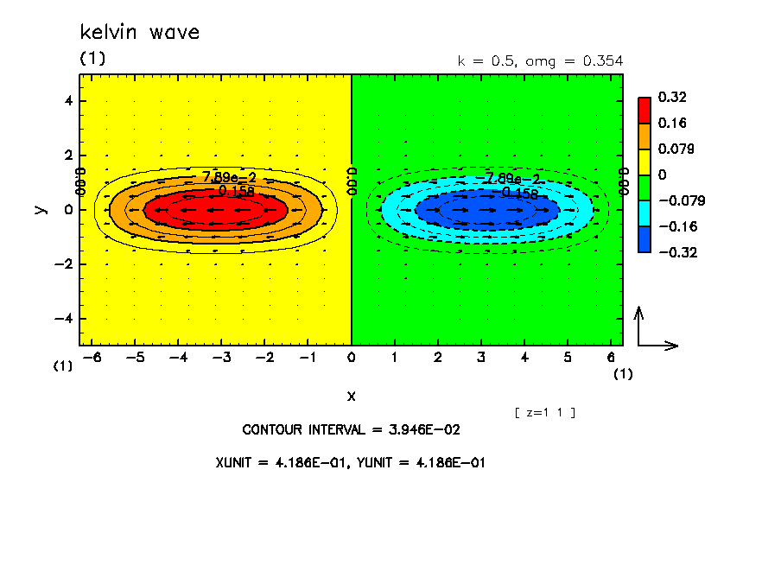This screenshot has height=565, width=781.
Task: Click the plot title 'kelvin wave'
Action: [x=139, y=33]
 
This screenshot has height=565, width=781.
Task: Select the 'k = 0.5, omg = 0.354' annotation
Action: [x=539, y=60]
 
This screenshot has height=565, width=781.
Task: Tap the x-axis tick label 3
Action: [x=481, y=356]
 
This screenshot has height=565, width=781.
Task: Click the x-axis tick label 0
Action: [x=352, y=356]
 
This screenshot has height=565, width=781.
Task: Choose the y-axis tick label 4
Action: [x=67, y=101]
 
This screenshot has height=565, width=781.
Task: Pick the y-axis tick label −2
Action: [x=64, y=264]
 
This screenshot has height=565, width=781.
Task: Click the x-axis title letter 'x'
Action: [x=351, y=396]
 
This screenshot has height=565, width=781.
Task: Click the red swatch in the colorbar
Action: [x=644, y=110]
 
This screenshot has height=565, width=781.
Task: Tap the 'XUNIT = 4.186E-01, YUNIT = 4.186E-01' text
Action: [x=350, y=462]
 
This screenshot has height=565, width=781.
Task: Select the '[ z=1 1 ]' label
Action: [x=544, y=412]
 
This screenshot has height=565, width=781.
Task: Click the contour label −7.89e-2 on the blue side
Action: [x=511, y=179]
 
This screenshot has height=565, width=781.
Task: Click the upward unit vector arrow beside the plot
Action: [x=638, y=324]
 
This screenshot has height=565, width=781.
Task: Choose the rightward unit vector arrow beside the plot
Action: [x=660, y=346]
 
